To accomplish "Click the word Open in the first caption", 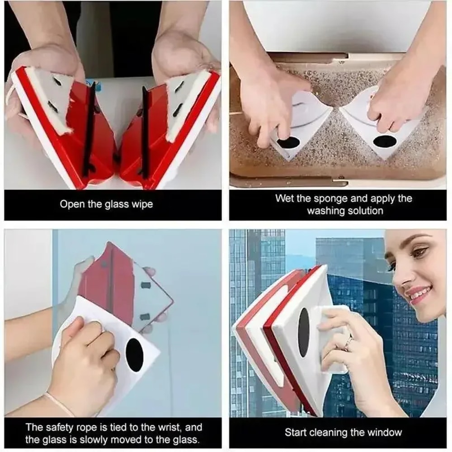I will (x=72, y=204).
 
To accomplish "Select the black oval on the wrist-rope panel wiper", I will (x=134, y=355).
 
